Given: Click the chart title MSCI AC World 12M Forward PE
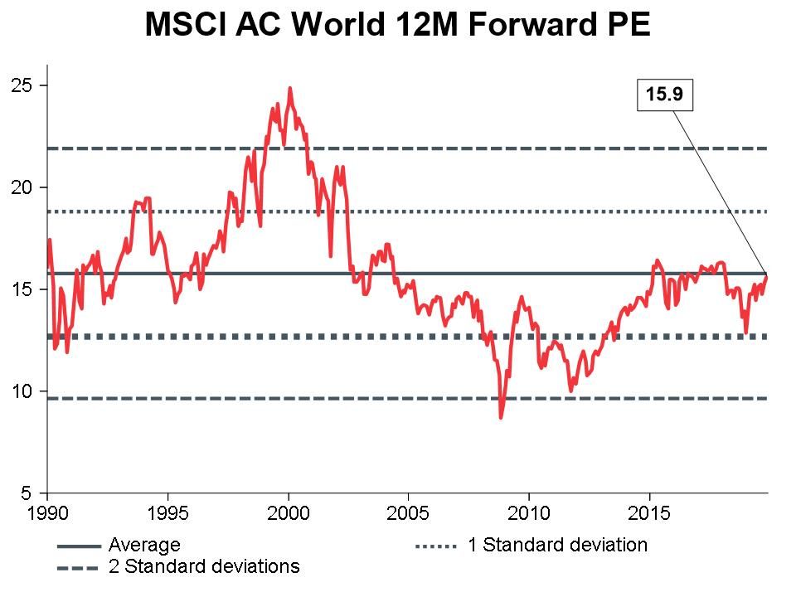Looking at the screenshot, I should click(397, 24).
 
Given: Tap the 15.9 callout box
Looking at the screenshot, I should click(663, 95).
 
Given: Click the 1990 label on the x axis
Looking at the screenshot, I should click(48, 513).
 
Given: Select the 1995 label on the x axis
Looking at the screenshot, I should click(168, 513).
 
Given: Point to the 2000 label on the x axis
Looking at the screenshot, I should click(289, 513).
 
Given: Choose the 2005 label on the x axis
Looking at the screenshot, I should click(409, 513).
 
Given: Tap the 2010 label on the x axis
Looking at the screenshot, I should click(529, 513).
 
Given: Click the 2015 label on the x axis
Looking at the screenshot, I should click(649, 513).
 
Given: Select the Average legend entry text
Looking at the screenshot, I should click(144, 546).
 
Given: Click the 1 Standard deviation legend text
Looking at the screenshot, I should click(556, 546).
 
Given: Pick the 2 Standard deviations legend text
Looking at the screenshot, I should click(204, 567).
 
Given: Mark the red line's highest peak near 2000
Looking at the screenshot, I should click(289, 87).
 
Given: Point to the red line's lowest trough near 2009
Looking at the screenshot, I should click(501, 417).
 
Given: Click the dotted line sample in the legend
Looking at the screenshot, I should click(436, 546).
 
